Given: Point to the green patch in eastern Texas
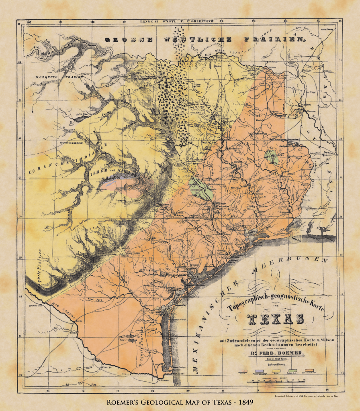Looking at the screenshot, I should tap(273, 156).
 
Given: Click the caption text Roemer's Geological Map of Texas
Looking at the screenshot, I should tap(180, 402).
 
